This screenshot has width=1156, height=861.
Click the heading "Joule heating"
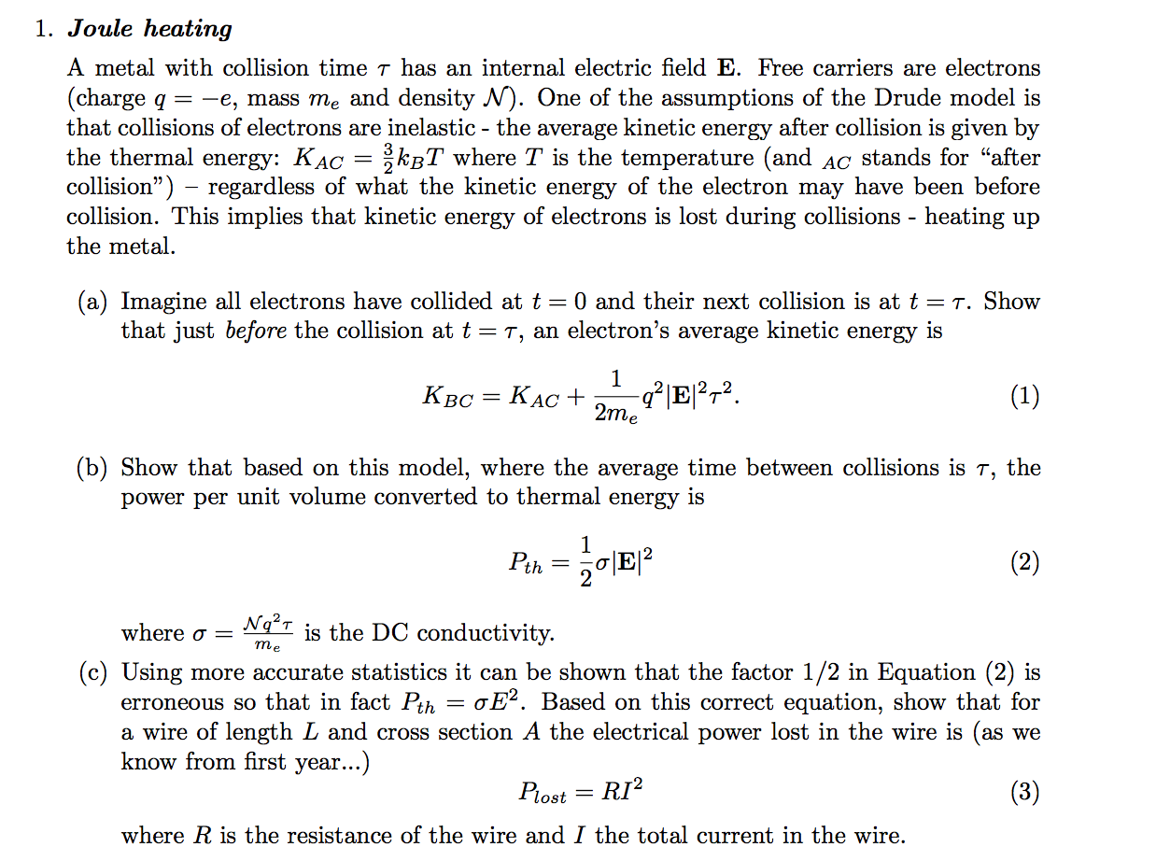(x=149, y=29)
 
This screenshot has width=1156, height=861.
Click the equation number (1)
(x=1023, y=396)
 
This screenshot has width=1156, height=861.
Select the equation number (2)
(x=1023, y=562)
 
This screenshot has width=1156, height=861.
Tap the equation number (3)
(x=1023, y=793)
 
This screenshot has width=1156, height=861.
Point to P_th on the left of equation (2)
(x=526, y=563)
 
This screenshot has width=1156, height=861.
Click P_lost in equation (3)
(x=542, y=794)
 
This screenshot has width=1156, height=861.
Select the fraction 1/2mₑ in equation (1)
(x=616, y=396)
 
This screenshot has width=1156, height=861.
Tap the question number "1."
(x=44, y=29)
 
